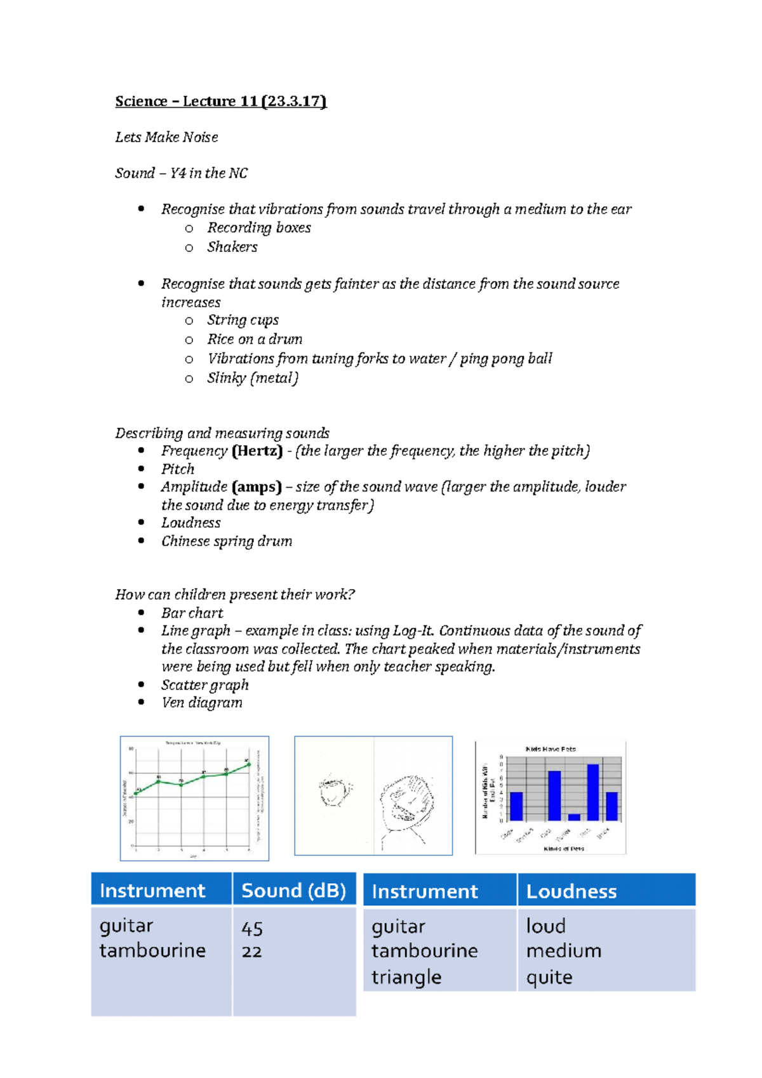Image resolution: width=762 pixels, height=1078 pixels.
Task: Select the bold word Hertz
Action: pyautogui.click(x=257, y=451)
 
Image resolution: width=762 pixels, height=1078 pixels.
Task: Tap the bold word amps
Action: pyautogui.click(x=257, y=487)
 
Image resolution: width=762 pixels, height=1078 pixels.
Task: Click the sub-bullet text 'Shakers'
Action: pyautogui.click(x=232, y=247)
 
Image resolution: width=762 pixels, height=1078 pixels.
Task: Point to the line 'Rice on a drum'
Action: pyautogui.click(x=255, y=339)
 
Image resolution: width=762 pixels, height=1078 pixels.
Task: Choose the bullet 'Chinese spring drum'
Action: pyautogui.click(x=227, y=541)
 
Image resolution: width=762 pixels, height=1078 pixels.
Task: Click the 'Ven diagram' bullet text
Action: pyautogui.click(x=201, y=703)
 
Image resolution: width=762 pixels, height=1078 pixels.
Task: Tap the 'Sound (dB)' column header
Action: pyautogui.click(x=293, y=891)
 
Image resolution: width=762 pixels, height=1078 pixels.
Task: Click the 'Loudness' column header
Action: pyautogui.click(x=571, y=891)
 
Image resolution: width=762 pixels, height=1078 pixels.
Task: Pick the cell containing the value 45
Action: pyautogui.click(x=252, y=929)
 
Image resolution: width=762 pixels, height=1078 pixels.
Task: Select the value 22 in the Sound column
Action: pyautogui.click(x=251, y=952)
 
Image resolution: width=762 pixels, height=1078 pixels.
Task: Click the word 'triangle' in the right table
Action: pyautogui.click(x=406, y=977)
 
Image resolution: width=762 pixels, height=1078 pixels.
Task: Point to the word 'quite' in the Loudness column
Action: pyautogui.click(x=549, y=977)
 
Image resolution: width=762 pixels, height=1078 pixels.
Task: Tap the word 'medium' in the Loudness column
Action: pyautogui.click(x=563, y=951)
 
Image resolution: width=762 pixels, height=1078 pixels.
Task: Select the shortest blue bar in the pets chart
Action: pyautogui.click(x=574, y=817)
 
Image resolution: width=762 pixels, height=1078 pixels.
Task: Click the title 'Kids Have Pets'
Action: pyautogui.click(x=551, y=749)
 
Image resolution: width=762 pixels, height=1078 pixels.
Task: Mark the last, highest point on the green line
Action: pyautogui.click(x=248, y=764)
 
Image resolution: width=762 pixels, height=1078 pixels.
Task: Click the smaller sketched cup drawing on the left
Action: pyautogui.click(x=334, y=791)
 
